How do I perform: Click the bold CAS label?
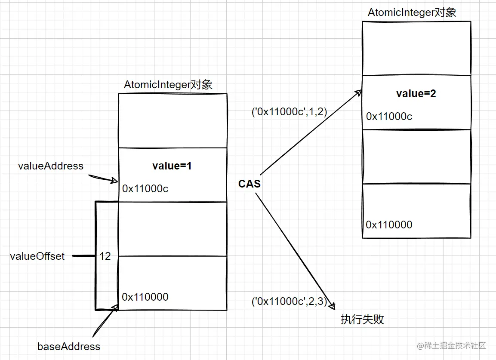pyautogui.click(x=250, y=184)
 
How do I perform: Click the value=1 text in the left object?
pyautogui.click(x=172, y=166)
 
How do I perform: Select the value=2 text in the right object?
pyautogui.click(x=416, y=94)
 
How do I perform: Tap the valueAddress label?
pyautogui.click(x=51, y=166)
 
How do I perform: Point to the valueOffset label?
pyautogui.click(x=37, y=256)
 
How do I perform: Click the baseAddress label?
pyautogui.click(x=69, y=347)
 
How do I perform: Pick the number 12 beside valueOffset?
pyautogui.click(x=105, y=256)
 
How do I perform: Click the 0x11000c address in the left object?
pyautogui.click(x=145, y=188)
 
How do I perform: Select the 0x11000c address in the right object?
pyautogui.click(x=389, y=117)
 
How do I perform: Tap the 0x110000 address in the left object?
pyautogui.click(x=145, y=297)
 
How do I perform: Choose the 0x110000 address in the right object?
pyautogui.click(x=389, y=225)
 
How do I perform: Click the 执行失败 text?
pyautogui.click(x=362, y=319)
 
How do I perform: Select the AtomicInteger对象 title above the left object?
pyautogui.click(x=168, y=85)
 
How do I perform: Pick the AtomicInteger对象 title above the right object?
pyautogui.click(x=412, y=12)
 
